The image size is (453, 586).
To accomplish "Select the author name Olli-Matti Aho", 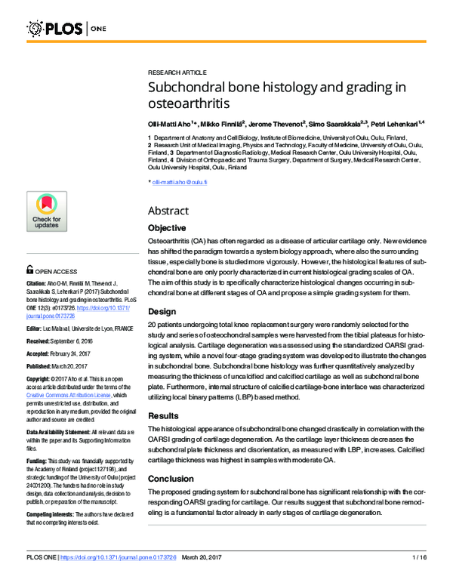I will coord(170,123).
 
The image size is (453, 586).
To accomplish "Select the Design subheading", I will coord(162,310).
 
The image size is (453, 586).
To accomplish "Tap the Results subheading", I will coord(164,415).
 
